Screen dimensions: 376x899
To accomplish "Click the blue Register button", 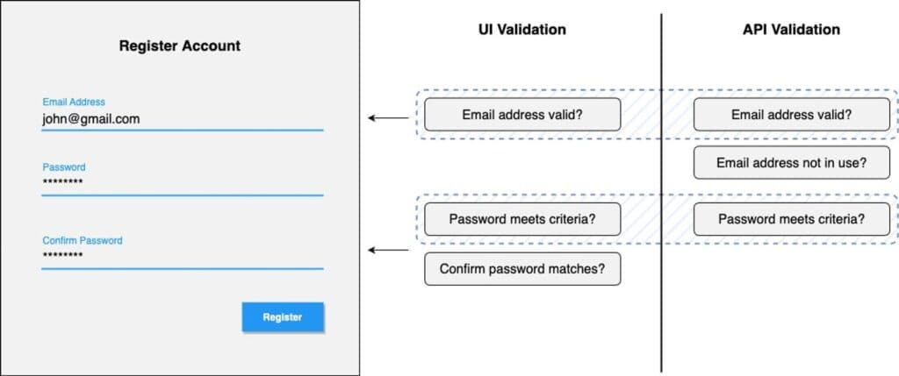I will [x=283, y=317].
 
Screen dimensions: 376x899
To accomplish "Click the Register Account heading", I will [x=180, y=46].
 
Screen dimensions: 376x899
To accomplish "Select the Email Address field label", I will [x=74, y=103].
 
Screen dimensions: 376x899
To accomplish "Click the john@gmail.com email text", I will [x=90, y=118].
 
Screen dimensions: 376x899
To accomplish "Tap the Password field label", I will [x=64, y=167].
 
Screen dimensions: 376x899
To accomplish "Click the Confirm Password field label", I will [x=83, y=240].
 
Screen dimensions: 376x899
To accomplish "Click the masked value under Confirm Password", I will [x=62, y=256].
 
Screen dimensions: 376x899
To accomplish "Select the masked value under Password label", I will [x=62, y=182].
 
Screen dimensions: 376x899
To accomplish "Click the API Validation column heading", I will [x=791, y=30].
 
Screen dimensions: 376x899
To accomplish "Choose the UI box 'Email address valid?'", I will [x=522, y=114].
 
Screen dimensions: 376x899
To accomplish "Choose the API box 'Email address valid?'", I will [x=791, y=114].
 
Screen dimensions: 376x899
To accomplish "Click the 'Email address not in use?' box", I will [x=791, y=163].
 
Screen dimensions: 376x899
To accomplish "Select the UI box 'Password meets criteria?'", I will [x=522, y=219].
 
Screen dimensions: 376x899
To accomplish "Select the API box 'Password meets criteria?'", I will [x=791, y=219].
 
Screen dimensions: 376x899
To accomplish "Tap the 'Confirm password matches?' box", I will [x=522, y=269].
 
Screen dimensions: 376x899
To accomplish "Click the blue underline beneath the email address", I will [x=183, y=130].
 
